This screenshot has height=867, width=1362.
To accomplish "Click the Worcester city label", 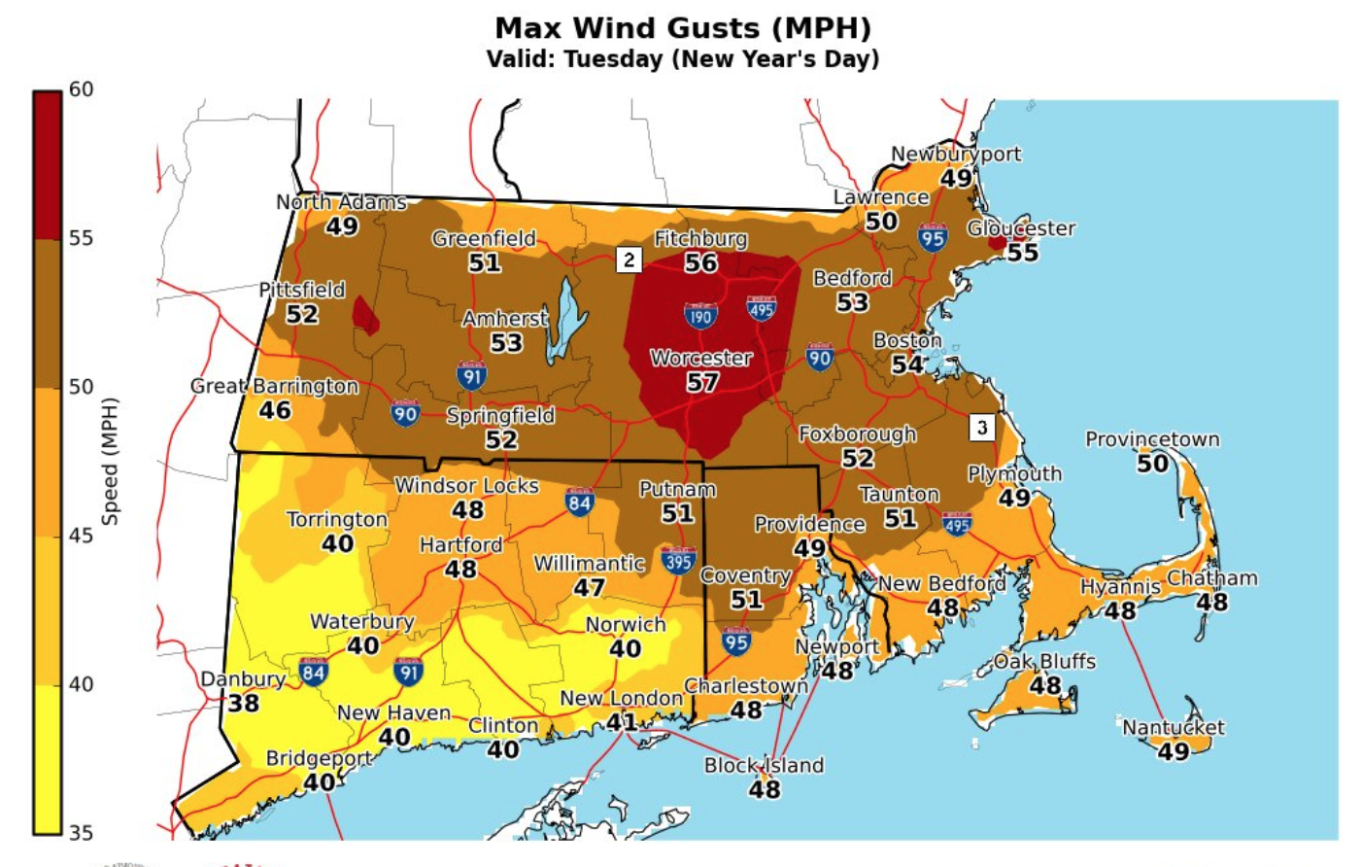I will tap(700, 358).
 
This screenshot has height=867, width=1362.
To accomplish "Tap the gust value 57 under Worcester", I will tap(702, 383).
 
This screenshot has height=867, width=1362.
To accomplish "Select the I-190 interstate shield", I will tap(699, 315).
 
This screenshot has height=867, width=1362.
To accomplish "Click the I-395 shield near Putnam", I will tap(677, 560).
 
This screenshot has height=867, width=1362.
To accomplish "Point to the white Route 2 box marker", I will tap(629, 260).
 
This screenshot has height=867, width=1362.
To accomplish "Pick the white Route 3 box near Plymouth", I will tap(981, 427).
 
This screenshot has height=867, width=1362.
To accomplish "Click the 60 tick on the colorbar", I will tap(81, 89).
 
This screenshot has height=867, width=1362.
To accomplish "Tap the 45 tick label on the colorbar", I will tap(81, 536).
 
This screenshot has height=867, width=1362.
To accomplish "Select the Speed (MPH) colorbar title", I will tap(110, 461).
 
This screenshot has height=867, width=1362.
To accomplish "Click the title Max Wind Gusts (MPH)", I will tap(683, 27).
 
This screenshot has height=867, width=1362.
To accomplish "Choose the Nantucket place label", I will tap(1173, 727).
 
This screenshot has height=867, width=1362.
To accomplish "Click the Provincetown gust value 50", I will tap(1152, 464).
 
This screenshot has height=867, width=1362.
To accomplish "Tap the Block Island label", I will tap(764, 765).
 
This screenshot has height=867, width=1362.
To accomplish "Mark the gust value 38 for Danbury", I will tap(243, 703).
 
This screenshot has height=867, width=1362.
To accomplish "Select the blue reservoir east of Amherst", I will tap(566, 321).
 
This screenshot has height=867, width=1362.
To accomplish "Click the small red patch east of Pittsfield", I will tap(365, 315).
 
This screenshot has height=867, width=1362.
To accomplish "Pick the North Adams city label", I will tap(341, 202).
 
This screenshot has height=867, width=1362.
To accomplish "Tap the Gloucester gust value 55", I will tap(1022, 253).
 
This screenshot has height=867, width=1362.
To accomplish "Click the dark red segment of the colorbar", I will tap(48, 165).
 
